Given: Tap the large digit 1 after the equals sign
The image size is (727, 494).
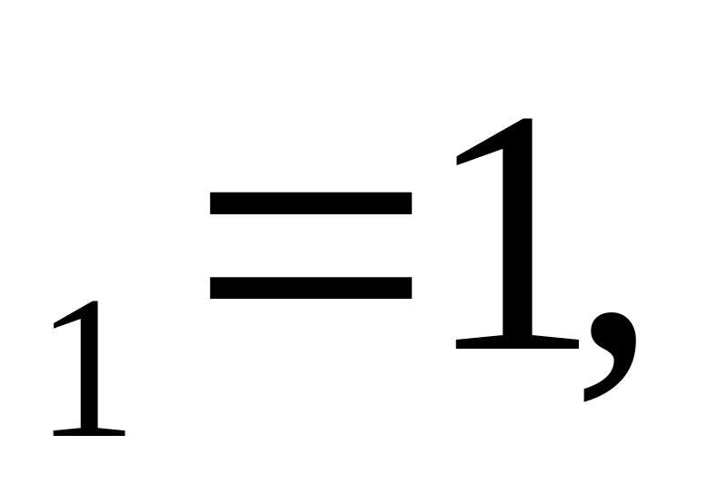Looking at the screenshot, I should point(516,236).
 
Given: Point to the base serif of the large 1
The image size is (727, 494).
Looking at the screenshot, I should point(516,342).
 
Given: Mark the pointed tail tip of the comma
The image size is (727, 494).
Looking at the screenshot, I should point(587,397).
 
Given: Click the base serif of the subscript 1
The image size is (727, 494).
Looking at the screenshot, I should point(89,431).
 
